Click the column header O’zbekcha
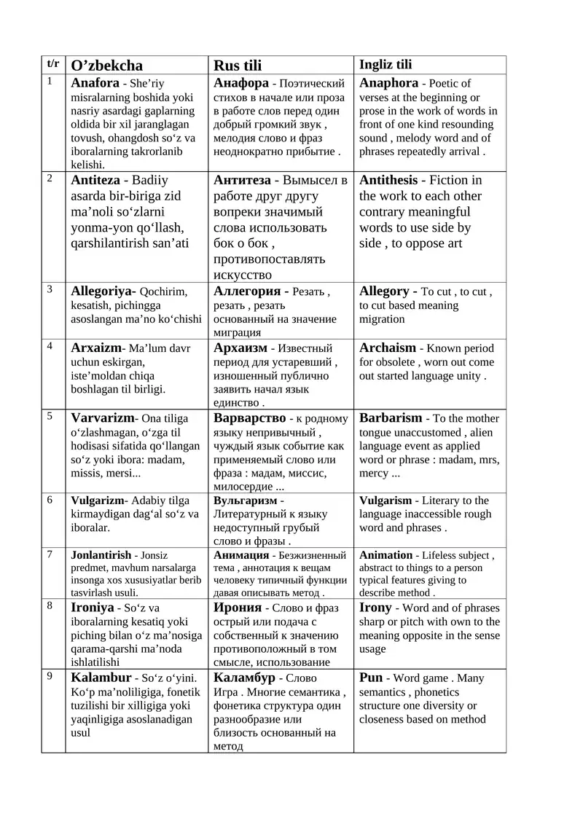(106, 66)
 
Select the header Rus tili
(237, 66)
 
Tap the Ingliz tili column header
(386, 65)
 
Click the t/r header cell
(54, 64)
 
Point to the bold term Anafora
(95, 83)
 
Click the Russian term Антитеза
(242, 180)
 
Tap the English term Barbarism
(391, 418)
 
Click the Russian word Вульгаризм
(246, 501)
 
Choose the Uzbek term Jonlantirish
(101, 555)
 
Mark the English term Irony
(375, 608)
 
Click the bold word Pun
(371, 678)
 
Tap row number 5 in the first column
(50, 417)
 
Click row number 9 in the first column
(50, 676)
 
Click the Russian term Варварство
(250, 418)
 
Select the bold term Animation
(386, 555)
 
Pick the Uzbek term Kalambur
(101, 678)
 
